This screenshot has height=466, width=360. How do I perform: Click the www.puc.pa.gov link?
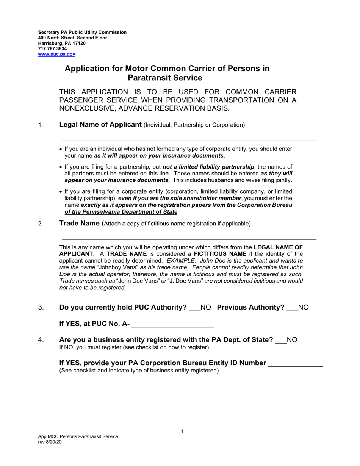(x=56, y=54)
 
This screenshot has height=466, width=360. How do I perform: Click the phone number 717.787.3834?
(x=52, y=49)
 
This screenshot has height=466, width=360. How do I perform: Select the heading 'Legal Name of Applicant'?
(x=100, y=125)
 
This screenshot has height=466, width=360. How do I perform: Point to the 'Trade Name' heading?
(x=79, y=223)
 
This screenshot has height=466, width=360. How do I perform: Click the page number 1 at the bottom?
(x=182, y=431)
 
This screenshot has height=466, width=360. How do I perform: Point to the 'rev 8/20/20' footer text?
(x=50, y=442)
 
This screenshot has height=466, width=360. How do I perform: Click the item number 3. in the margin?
(x=41, y=308)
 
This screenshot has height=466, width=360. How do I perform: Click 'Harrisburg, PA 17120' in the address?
(x=62, y=43)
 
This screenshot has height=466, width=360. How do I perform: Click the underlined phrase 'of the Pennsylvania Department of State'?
(x=121, y=212)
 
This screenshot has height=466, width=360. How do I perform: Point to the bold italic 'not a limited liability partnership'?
(x=208, y=167)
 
